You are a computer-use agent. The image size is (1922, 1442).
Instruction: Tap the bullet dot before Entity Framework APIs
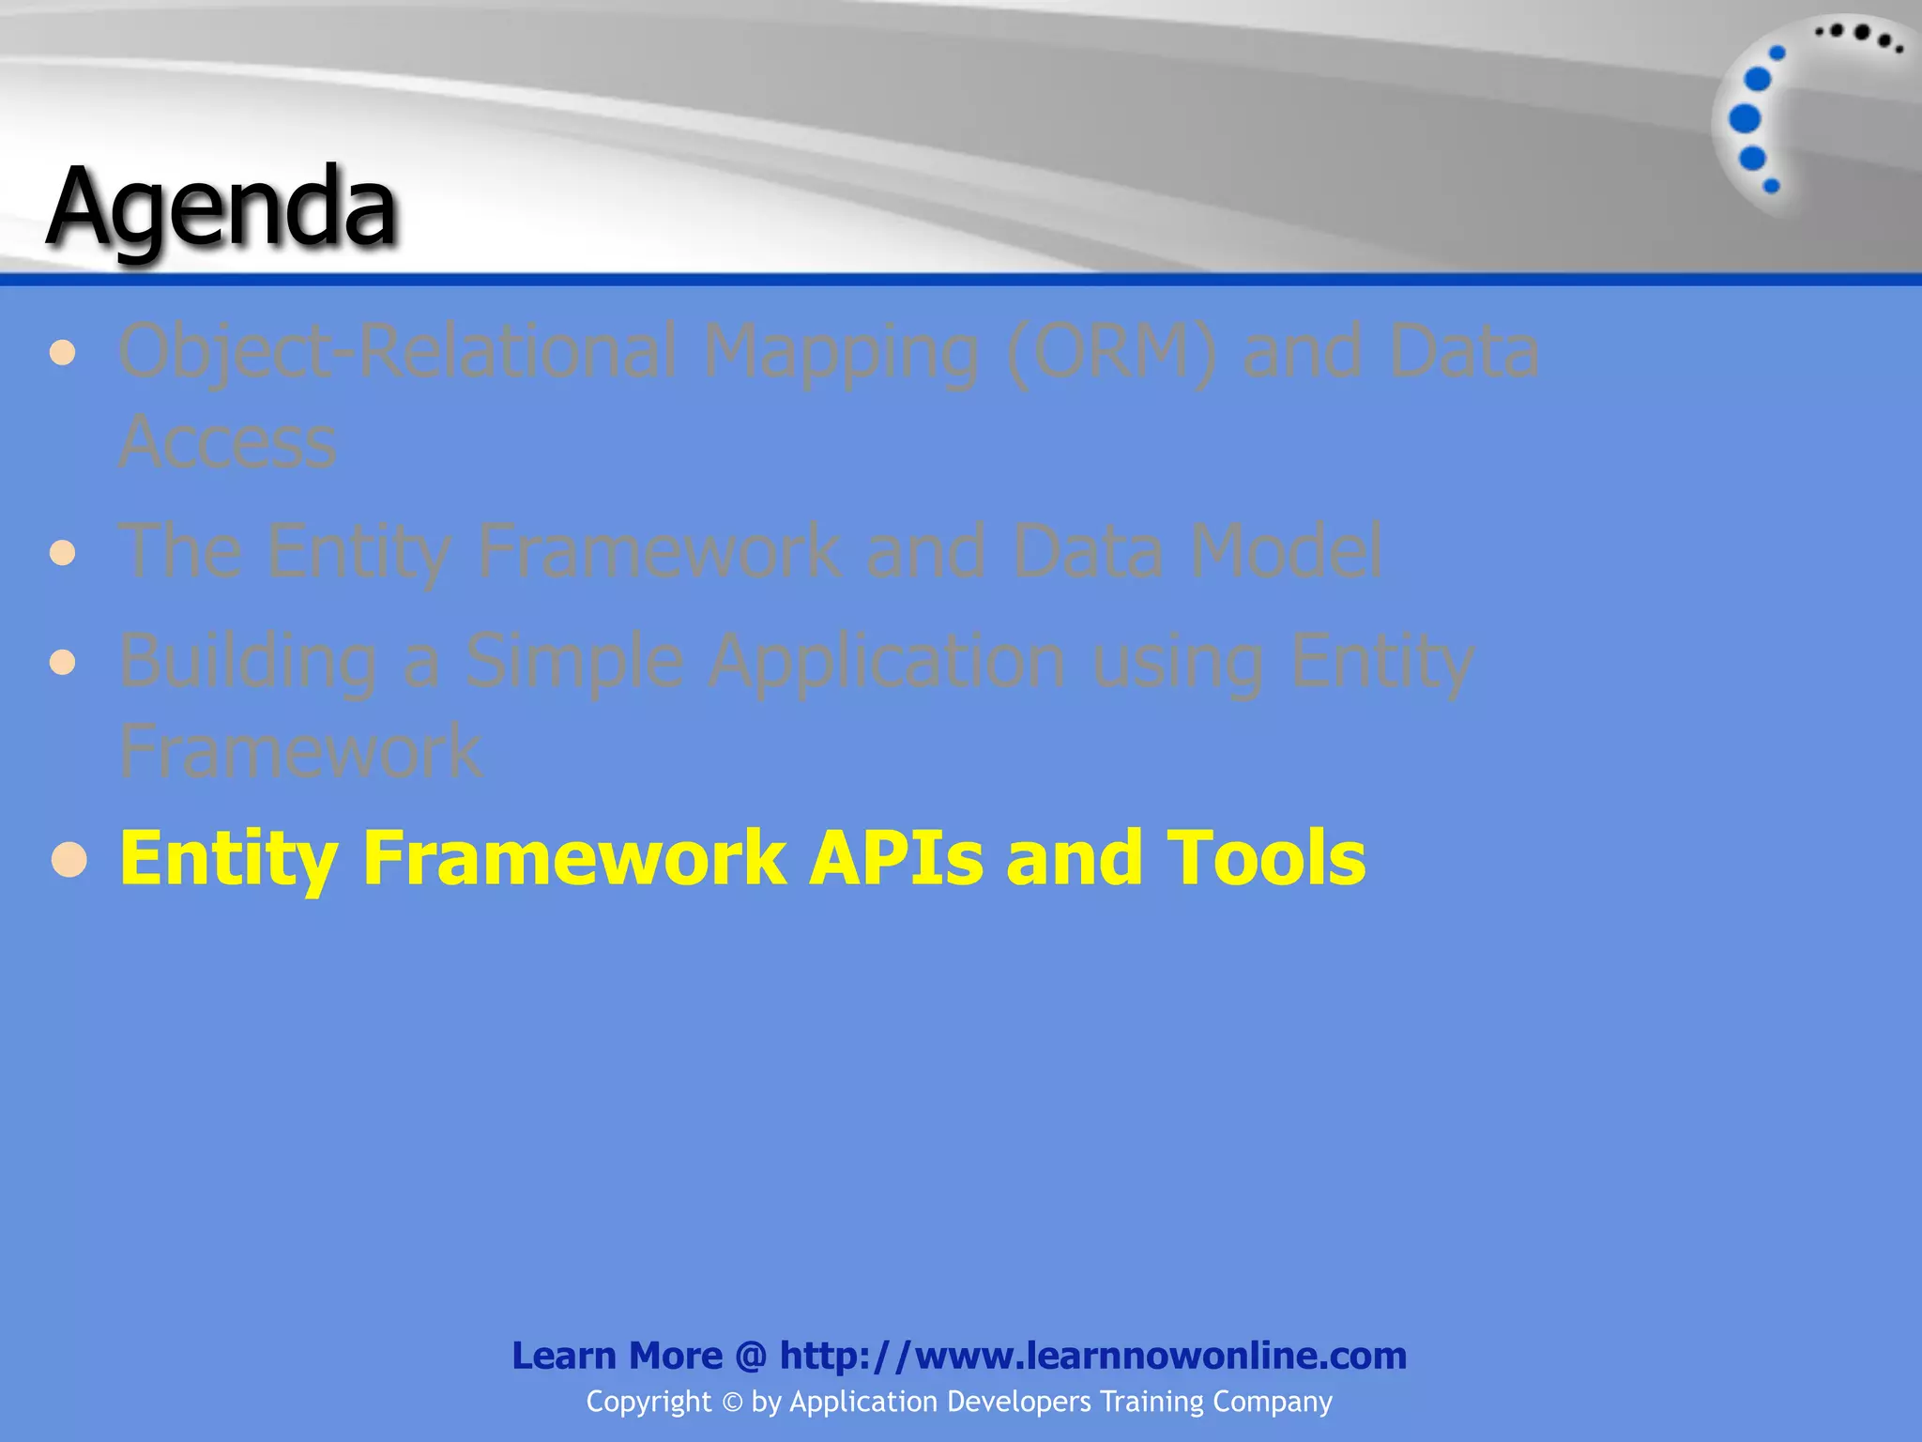click(69, 859)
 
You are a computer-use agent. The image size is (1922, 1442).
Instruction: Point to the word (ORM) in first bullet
click(1110, 352)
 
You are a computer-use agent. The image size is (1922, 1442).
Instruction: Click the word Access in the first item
click(227, 441)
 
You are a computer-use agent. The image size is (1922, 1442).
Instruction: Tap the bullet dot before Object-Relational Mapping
click(63, 353)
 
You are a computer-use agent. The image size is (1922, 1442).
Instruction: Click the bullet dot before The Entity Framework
click(63, 552)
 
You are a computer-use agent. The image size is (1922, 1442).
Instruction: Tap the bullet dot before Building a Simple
click(63, 663)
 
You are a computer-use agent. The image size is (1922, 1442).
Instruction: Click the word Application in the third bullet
click(887, 662)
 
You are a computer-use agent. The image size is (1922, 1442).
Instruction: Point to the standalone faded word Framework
click(300, 751)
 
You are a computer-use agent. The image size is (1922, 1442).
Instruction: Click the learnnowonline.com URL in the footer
click(1093, 1356)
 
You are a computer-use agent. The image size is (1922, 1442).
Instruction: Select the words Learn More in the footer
click(617, 1356)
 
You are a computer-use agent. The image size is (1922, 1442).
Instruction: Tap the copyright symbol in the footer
click(732, 1403)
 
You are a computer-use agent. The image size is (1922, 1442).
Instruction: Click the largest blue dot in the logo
click(1745, 119)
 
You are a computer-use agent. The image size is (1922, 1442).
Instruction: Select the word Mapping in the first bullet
click(841, 352)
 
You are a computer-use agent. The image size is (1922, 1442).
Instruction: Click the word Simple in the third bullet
click(574, 662)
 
